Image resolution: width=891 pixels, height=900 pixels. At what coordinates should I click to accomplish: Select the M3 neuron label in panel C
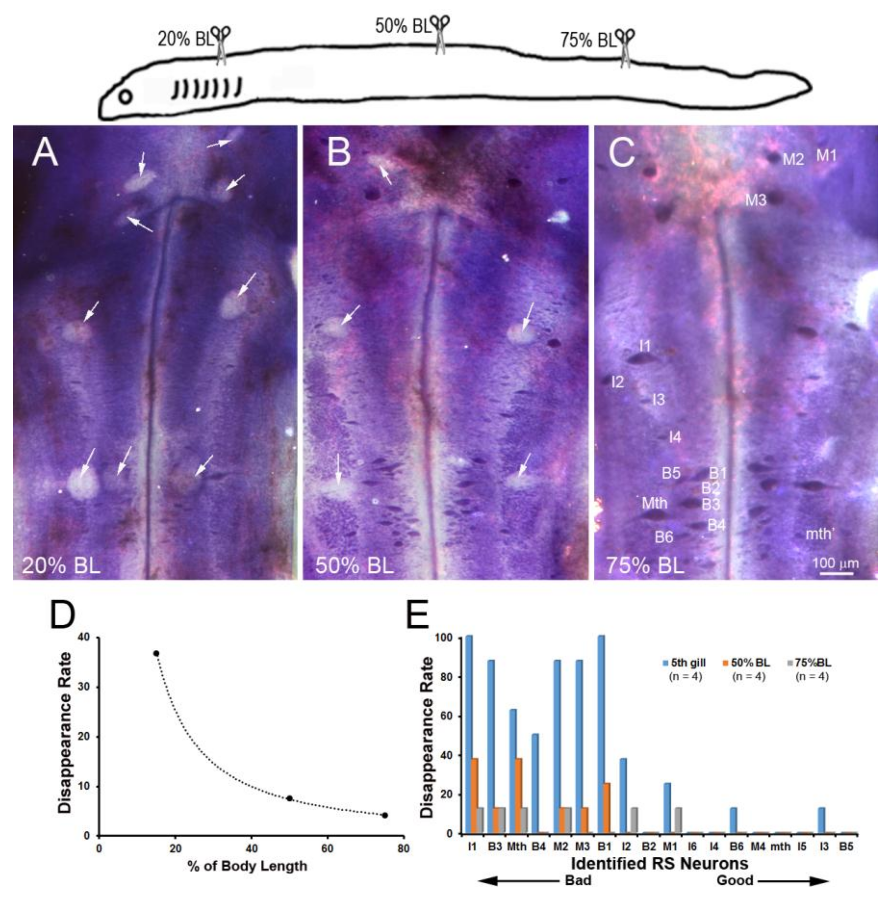click(755, 201)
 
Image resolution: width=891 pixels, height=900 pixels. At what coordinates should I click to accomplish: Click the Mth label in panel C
click(654, 503)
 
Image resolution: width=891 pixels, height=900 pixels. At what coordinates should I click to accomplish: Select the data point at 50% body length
click(289, 798)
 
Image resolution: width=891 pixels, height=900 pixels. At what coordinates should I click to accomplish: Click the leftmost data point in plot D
click(157, 654)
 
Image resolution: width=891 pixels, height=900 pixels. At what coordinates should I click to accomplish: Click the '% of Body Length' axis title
click(247, 866)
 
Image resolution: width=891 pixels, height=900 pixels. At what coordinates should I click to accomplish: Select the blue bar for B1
click(601, 736)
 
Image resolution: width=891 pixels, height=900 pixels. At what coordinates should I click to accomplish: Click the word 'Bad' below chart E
click(578, 880)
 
